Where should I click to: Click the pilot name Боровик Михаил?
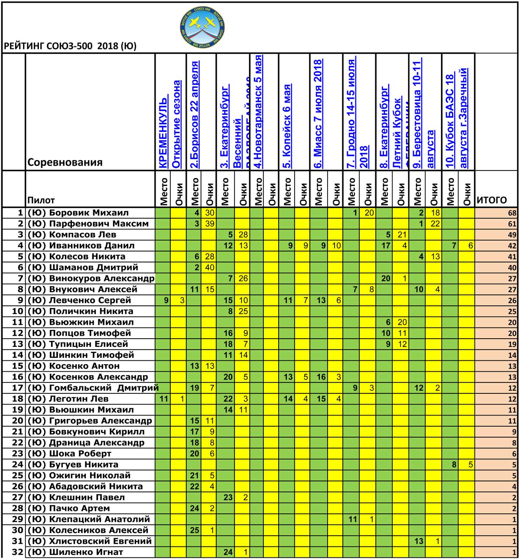(88, 213)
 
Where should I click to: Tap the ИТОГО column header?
(491, 200)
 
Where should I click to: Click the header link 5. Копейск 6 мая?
(287, 126)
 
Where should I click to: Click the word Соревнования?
(65, 163)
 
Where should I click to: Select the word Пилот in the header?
(41, 200)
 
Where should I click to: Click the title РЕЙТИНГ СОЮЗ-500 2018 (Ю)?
(70, 46)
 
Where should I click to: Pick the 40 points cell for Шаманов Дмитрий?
(210, 268)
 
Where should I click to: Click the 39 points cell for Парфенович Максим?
(210, 224)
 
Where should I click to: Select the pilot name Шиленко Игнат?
(86, 552)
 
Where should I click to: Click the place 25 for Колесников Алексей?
(195, 530)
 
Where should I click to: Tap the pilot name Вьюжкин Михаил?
(91, 322)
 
